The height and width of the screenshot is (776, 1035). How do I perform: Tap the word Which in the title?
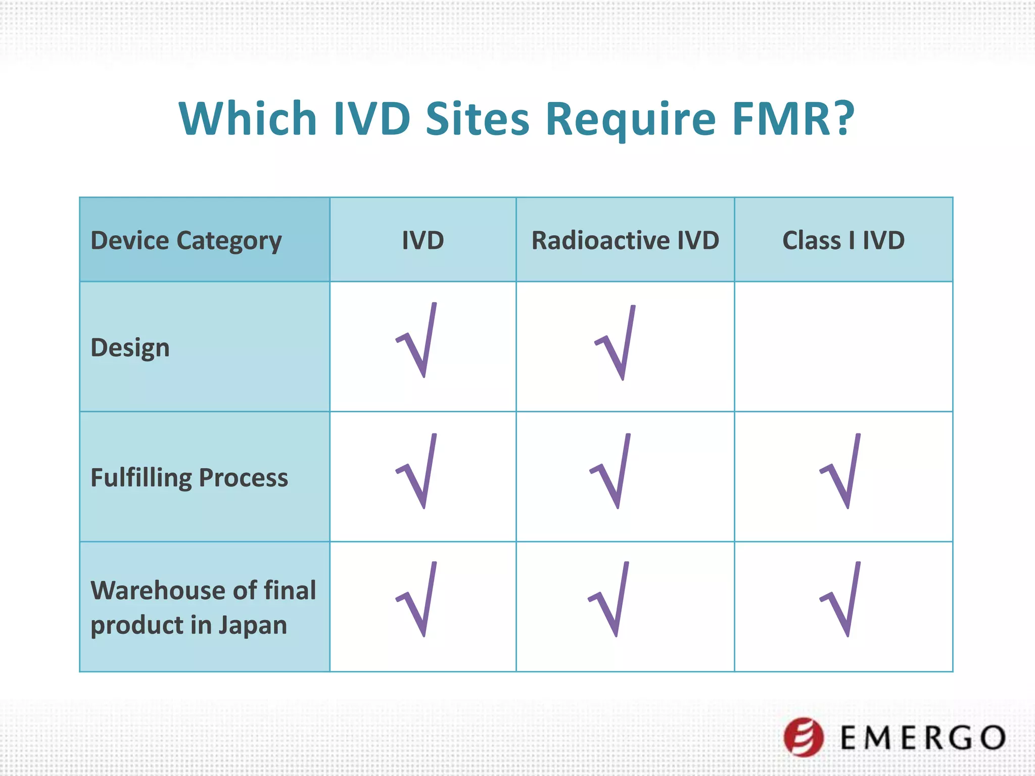pyautogui.click(x=248, y=119)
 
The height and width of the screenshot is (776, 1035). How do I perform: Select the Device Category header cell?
pyautogui.click(x=186, y=240)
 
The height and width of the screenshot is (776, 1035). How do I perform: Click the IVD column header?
pyautogui.click(x=423, y=240)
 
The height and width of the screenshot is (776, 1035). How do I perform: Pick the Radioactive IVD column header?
pyautogui.click(x=625, y=240)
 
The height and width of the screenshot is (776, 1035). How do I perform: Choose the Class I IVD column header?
pyautogui.click(x=843, y=240)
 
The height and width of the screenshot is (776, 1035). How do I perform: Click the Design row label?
pyautogui.click(x=130, y=348)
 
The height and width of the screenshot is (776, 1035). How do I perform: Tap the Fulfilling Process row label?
pyautogui.click(x=189, y=477)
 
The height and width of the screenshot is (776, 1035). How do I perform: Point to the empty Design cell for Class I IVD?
pyautogui.click(x=843, y=347)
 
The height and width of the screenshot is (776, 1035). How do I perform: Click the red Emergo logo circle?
pyautogui.click(x=804, y=737)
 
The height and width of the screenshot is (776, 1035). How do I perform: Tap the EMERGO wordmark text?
pyautogui.click(x=923, y=738)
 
